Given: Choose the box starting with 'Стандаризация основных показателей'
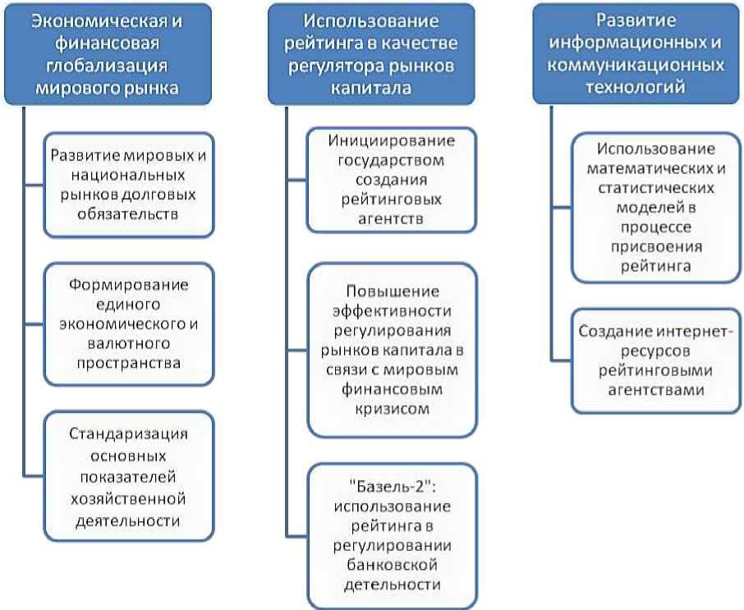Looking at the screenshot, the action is (x=128, y=475).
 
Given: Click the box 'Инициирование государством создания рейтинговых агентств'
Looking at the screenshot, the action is (x=392, y=180).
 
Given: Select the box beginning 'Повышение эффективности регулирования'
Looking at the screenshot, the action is (x=392, y=350).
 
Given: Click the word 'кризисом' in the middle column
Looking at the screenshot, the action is (x=392, y=408).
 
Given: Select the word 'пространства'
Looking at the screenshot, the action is (x=128, y=361).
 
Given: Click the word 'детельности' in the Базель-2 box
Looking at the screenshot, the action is (x=392, y=585).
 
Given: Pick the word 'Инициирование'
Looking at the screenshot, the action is (x=392, y=140).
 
